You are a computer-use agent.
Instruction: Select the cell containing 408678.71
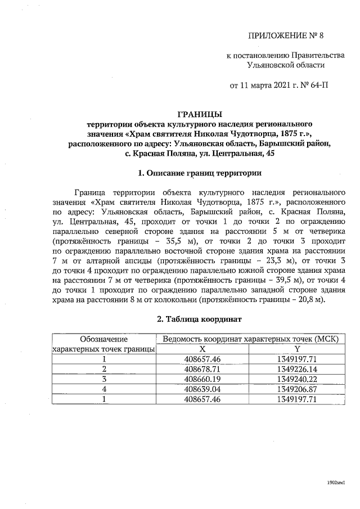coord(202,369)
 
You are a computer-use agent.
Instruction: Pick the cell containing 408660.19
coord(202,379)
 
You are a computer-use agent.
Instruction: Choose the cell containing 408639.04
coord(202,389)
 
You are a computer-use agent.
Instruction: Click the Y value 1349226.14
coord(296,369)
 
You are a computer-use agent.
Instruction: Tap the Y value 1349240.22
coord(296,379)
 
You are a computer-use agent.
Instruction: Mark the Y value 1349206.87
coord(296,389)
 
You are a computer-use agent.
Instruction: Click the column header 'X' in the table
coord(202,349)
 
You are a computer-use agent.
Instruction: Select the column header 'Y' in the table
coord(296,349)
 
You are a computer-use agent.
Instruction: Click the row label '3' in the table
coord(104,379)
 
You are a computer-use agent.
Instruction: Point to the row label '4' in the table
coord(104,389)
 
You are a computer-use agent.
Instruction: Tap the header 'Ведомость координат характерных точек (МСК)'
coord(250,339)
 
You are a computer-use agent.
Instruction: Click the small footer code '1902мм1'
coord(335,483)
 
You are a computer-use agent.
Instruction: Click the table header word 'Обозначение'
coord(104,339)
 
